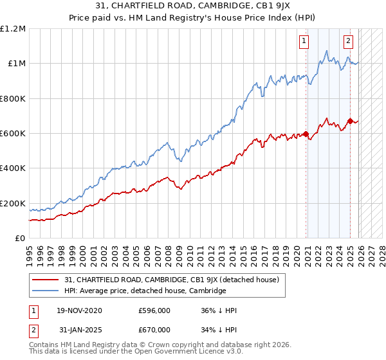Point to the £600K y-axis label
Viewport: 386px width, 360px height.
[x=12, y=134]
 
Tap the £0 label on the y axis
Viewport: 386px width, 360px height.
[x=19, y=239]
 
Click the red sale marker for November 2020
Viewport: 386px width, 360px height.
[x=306, y=134]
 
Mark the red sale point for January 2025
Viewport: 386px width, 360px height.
[x=350, y=121]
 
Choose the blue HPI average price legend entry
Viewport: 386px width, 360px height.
[x=145, y=291]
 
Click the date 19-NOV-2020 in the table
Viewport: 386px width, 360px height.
[x=79, y=310]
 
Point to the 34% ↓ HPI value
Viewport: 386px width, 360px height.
[x=219, y=330]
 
